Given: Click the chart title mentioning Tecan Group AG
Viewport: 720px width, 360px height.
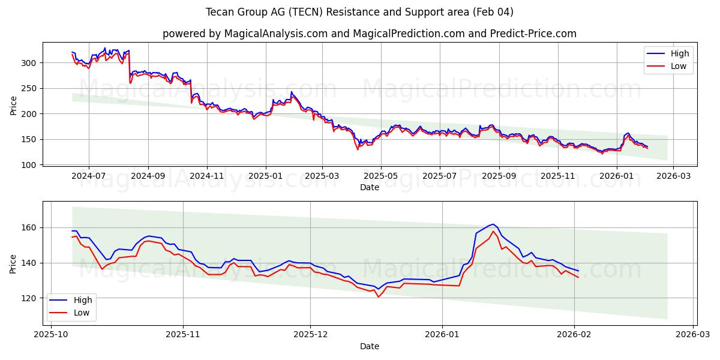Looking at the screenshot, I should pos(359,12).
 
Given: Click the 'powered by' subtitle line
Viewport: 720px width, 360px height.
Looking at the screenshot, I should pos(369,34).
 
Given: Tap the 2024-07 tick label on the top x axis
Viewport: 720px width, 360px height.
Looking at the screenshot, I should pos(89,176).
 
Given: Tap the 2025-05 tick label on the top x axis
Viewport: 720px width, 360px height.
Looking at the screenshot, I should pos(381,176).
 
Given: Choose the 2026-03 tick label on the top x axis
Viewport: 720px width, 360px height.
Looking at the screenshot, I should pos(673,176).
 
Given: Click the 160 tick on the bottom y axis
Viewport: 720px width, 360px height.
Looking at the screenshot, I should pos(30,228).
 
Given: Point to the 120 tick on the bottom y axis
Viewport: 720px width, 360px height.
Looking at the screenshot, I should pos(30,298).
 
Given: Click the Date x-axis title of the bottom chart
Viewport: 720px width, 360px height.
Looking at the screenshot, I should pos(369,346).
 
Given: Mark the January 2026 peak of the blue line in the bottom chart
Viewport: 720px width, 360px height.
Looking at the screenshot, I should pos(493,224).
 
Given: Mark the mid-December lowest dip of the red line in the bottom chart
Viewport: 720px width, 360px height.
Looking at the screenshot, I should pos(378,297).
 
